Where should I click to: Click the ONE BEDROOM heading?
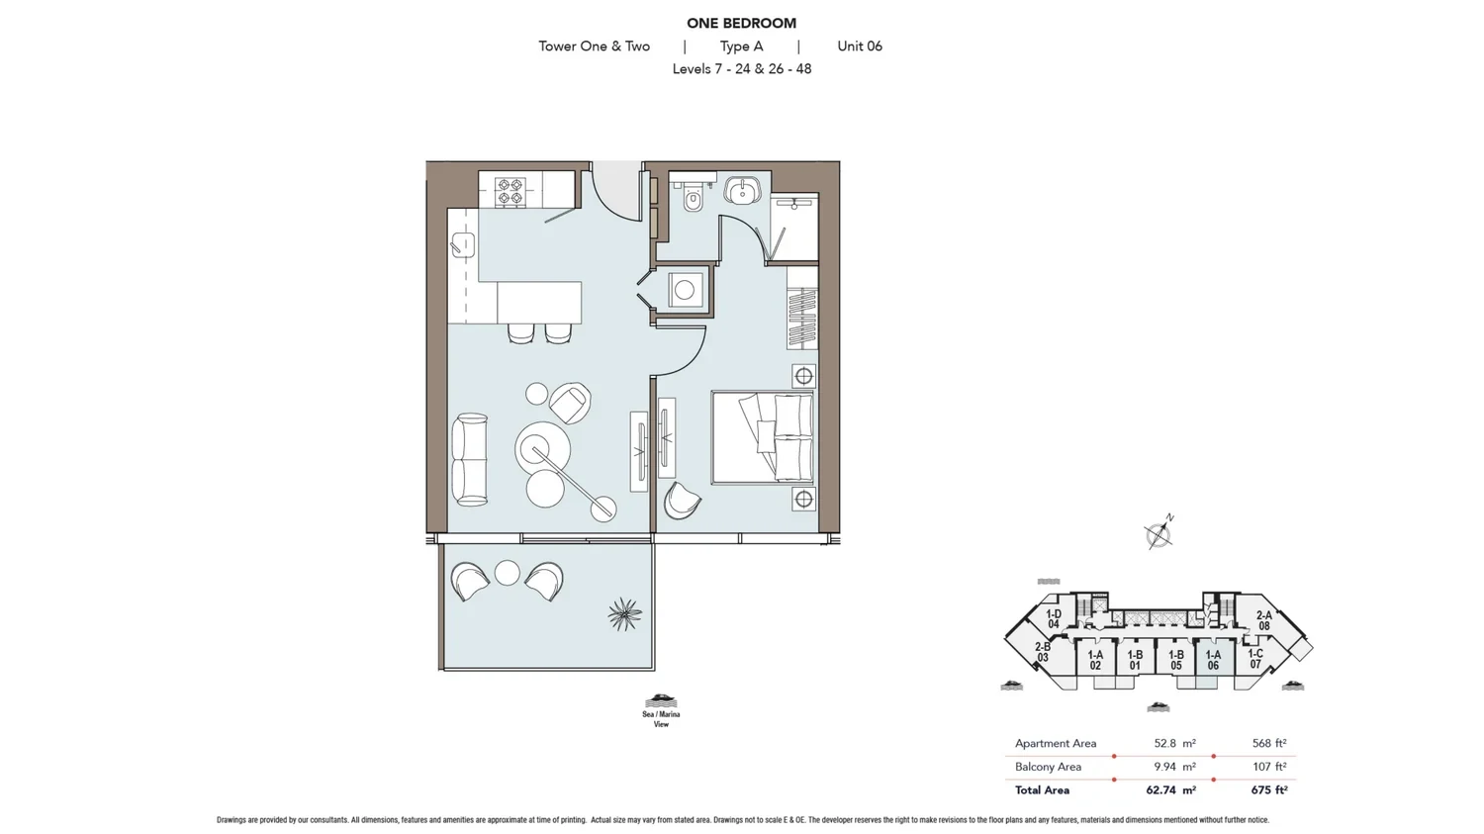click(741, 23)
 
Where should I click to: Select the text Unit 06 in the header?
click(860, 46)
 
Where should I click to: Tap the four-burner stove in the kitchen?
click(510, 191)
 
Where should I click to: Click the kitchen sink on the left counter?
click(462, 244)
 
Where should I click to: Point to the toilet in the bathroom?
click(694, 197)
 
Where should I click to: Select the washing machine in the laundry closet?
click(685, 290)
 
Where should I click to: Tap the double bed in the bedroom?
click(763, 437)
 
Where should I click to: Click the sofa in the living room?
click(469, 458)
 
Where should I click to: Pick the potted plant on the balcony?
click(624, 614)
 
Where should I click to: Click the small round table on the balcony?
click(507, 573)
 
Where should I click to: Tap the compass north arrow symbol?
click(1159, 533)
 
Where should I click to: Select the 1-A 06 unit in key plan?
click(1213, 661)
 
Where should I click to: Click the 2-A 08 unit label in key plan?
click(1264, 620)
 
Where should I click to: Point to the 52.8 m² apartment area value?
click(1174, 743)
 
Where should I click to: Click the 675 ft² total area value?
click(1268, 789)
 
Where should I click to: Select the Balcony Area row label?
click(1048, 767)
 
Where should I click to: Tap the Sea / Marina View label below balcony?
click(661, 718)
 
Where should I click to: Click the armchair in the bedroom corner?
click(682, 501)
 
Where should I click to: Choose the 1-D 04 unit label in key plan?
click(1054, 618)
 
